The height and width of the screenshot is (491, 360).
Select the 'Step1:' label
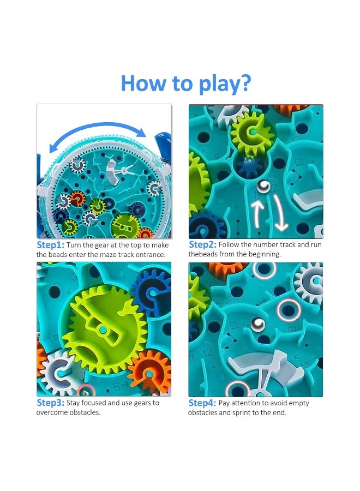point(51,245)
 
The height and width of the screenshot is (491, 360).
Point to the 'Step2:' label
point(202,245)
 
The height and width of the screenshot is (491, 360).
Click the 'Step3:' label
point(51,403)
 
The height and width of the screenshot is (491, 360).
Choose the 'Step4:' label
point(202,403)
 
